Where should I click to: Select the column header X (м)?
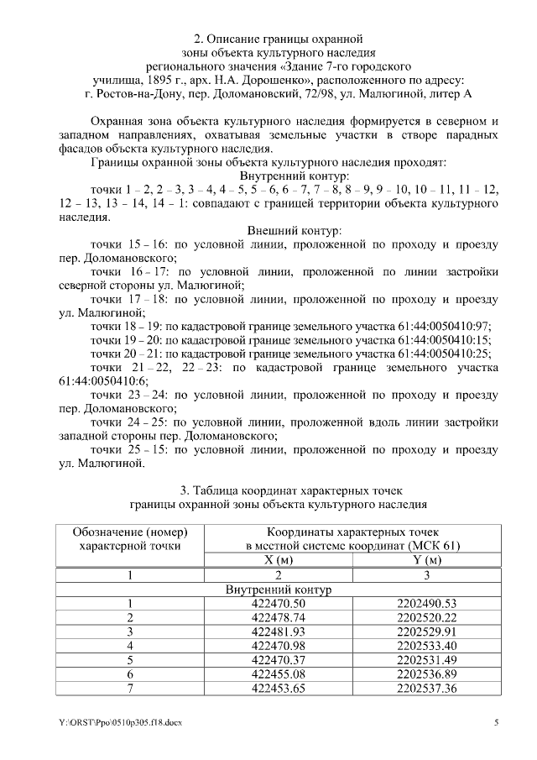(x=279, y=559)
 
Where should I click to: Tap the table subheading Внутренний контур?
(x=280, y=590)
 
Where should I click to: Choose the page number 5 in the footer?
(x=496, y=722)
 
